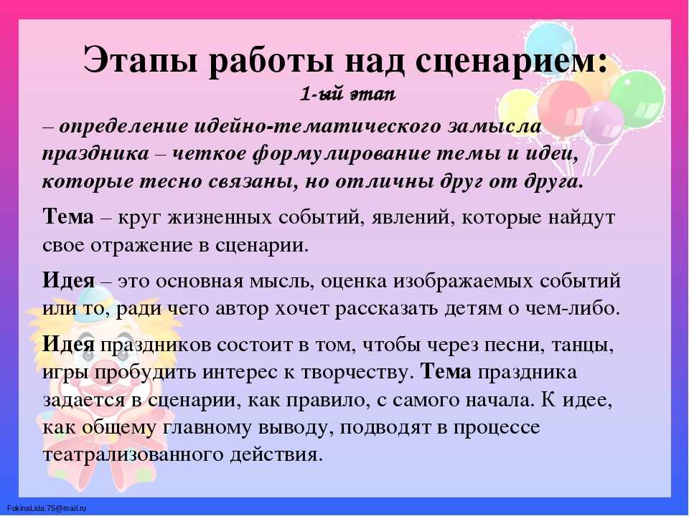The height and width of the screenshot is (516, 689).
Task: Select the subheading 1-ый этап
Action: pos(347,94)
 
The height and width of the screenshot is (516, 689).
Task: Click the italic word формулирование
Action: pos(340,155)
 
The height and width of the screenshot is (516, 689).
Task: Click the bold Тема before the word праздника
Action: pos(446,372)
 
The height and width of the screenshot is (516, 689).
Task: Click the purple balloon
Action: pos(603,123)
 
